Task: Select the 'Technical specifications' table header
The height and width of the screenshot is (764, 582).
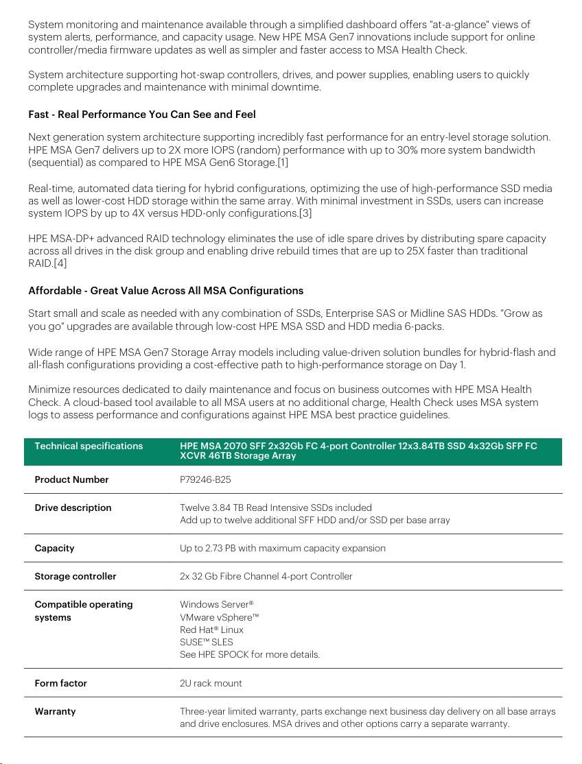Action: point(89,446)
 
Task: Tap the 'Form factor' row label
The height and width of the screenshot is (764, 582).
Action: point(60,684)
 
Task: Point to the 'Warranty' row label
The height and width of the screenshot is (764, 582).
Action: point(55,712)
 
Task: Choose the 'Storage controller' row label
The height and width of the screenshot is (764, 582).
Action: point(75,577)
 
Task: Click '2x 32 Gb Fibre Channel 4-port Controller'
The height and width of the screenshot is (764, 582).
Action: point(266,577)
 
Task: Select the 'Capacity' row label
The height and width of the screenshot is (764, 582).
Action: point(54,549)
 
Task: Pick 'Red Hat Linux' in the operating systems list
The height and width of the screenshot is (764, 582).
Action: point(211,630)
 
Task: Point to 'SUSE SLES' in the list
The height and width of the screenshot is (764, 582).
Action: point(206,642)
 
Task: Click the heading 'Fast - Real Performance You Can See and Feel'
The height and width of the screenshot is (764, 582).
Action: point(141,115)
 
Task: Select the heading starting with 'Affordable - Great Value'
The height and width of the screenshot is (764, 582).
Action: point(165,291)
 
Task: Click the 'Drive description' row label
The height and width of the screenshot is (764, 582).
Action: point(73,508)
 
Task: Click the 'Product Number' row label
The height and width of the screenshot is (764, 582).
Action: point(71,480)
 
